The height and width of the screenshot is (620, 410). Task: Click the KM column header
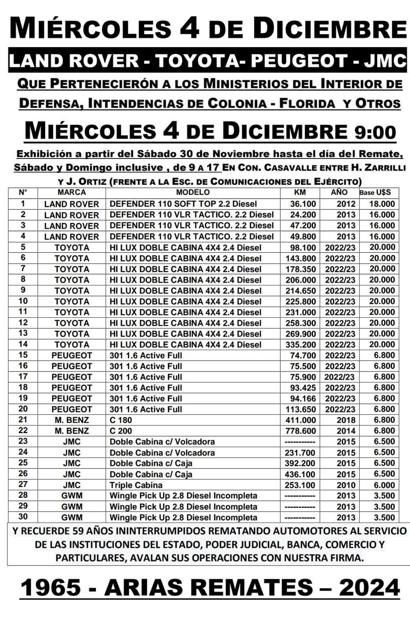click(x=300, y=192)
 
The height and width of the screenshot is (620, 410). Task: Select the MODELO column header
click(x=193, y=192)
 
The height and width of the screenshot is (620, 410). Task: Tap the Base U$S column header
click(x=375, y=192)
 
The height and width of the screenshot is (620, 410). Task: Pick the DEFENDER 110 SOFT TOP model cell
click(x=183, y=204)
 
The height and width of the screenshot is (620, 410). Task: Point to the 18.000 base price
click(x=381, y=204)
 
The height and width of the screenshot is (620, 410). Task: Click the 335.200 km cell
click(x=301, y=345)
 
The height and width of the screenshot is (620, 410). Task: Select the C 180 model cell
click(x=121, y=420)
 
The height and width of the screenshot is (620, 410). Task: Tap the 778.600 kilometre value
click(x=301, y=431)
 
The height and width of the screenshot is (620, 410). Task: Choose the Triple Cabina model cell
click(x=136, y=485)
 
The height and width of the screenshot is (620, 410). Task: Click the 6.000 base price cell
click(x=384, y=485)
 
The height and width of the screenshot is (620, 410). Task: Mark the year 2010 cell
click(x=346, y=485)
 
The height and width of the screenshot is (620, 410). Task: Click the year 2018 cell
click(x=346, y=420)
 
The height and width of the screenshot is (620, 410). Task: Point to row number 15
click(x=23, y=355)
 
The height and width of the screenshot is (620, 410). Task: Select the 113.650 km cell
click(x=301, y=409)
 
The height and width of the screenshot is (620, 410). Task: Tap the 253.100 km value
click(x=301, y=485)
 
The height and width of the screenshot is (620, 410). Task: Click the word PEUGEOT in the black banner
click(x=299, y=61)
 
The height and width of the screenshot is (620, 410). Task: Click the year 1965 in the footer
click(x=51, y=588)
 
